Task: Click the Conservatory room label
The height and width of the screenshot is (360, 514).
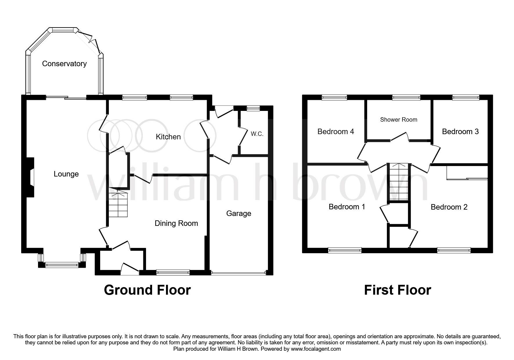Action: coord(64,64)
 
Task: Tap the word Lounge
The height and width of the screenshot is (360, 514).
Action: coord(66,174)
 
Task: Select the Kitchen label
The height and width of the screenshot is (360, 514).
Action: coord(168,137)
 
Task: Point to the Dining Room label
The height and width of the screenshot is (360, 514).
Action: coord(176,223)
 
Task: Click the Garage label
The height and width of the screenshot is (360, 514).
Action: coord(239,214)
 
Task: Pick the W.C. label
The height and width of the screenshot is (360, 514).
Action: coord(257,134)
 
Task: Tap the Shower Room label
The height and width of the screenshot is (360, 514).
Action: coord(398,120)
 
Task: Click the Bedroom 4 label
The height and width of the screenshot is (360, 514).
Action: coord(336,132)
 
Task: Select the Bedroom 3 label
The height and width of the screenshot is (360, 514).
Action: coord(460,132)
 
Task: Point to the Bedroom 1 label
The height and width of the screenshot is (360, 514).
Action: coord(347,207)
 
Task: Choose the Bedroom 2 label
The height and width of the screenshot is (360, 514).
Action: coord(449,207)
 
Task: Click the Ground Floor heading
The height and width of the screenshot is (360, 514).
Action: coord(147,290)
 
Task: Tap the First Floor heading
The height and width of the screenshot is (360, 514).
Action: coord(398,290)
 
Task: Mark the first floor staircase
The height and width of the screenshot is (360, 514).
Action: coord(398,182)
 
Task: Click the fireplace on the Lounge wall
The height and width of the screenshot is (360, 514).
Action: coord(31,177)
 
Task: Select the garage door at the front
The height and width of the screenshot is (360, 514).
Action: coord(239,273)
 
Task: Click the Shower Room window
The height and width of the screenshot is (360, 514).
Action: coord(406,98)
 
